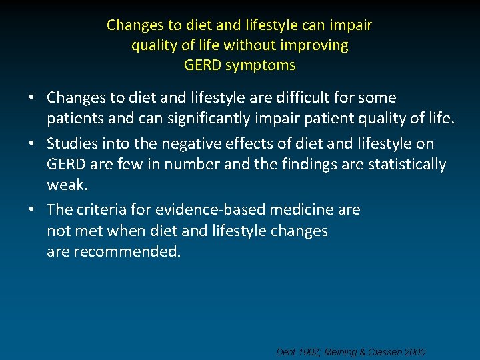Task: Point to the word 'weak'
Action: pyautogui.click(x=66, y=183)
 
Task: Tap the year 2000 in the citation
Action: pyautogui.click(x=413, y=352)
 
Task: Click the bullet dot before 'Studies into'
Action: pyautogui.click(x=33, y=144)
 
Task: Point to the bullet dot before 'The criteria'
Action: pyautogui.click(x=33, y=210)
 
